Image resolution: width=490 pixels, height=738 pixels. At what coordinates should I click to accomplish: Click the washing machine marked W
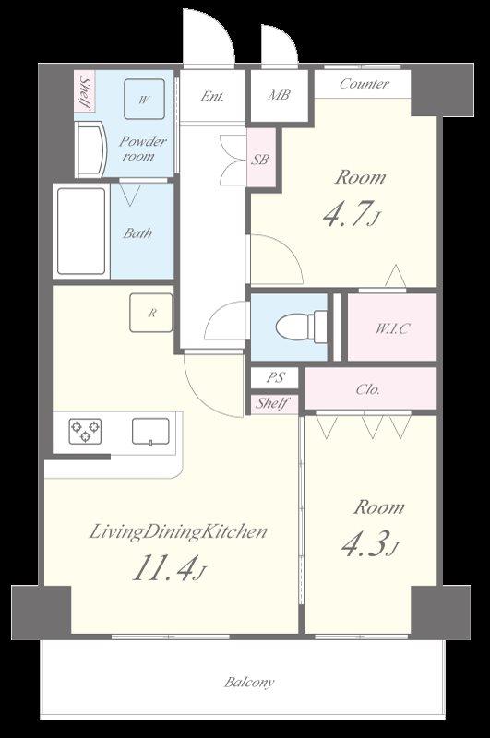point(144,99)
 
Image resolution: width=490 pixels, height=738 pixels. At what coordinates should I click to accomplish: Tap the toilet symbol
point(301,326)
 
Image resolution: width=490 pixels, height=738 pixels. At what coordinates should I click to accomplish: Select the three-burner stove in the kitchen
point(85,431)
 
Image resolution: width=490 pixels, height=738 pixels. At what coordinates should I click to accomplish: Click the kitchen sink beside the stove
point(150,431)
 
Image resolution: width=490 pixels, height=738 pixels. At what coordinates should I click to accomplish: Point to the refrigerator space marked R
point(151,313)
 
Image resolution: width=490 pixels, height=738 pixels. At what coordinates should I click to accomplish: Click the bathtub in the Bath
point(81,232)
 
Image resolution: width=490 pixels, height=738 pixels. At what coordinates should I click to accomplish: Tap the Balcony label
point(249,682)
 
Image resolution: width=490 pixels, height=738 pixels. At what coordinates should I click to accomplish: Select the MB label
point(279,95)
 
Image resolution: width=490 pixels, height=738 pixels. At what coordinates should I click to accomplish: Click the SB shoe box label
point(260,160)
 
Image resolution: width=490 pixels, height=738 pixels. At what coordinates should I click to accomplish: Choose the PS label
point(275,377)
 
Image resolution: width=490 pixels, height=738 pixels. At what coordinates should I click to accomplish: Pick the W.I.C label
point(391,328)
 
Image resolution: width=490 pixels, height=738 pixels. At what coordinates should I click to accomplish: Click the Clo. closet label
point(368,389)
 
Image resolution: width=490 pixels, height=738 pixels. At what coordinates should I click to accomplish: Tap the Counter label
point(365,84)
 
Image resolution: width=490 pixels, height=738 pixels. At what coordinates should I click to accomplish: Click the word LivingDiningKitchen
point(178,532)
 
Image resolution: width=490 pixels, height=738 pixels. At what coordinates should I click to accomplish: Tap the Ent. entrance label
point(212,97)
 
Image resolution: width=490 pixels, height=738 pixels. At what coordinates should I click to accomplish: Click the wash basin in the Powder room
point(90,149)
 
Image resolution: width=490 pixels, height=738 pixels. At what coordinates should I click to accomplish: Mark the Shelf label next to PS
point(271,403)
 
